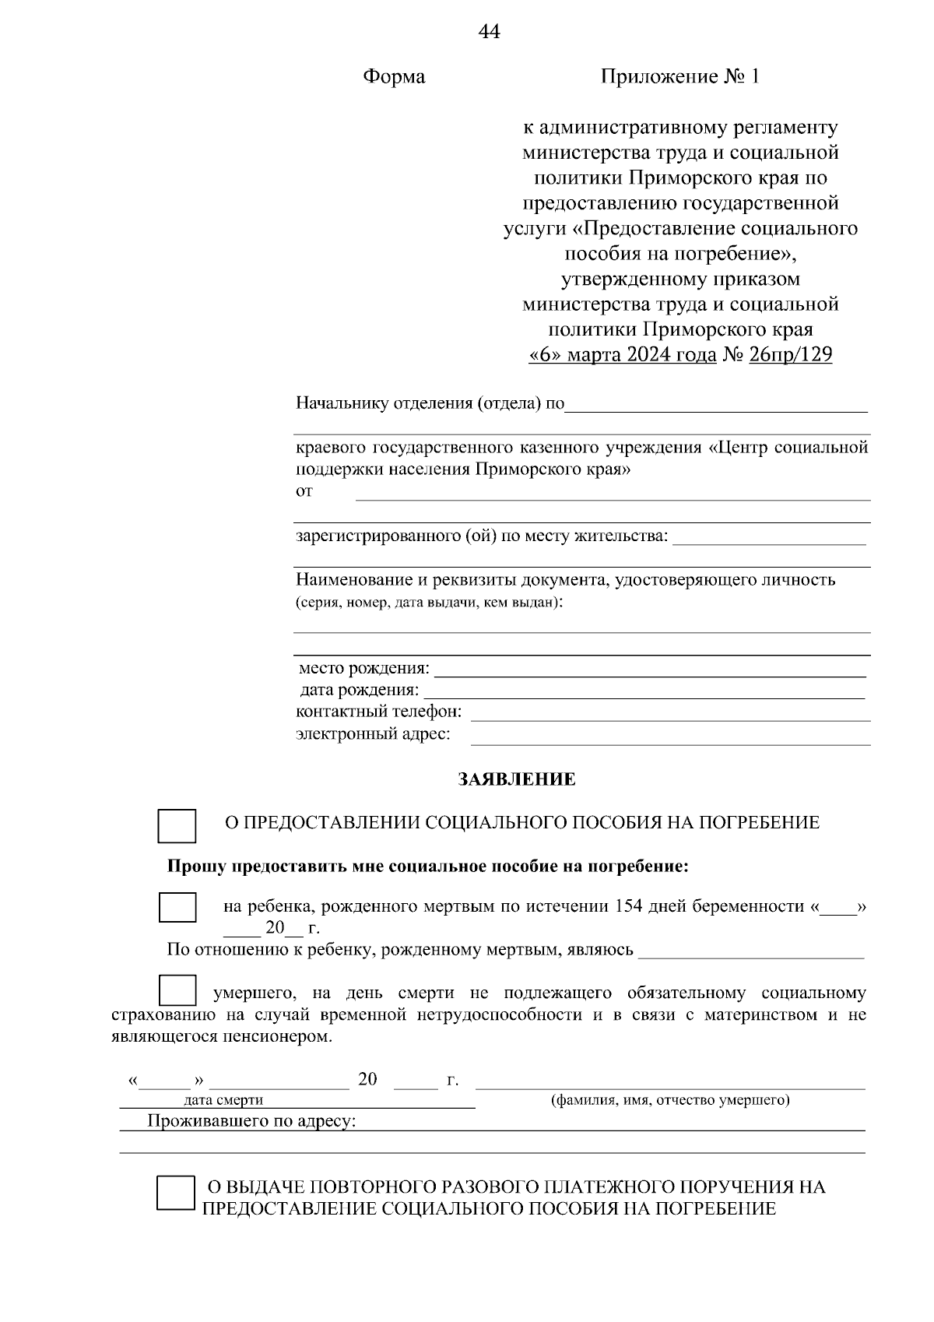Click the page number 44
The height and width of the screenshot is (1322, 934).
click(488, 32)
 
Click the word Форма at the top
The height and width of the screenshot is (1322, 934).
click(394, 76)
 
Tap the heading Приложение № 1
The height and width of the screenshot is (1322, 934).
click(679, 76)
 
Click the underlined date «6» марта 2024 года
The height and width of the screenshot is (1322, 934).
click(622, 355)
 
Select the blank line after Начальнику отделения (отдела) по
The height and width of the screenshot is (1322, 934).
click(716, 405)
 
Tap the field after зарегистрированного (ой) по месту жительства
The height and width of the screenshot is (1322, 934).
click(769, 537)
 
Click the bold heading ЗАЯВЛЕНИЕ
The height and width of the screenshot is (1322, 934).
click(518, 779)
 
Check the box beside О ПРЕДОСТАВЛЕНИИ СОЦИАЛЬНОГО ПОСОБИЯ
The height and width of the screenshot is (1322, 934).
click(177, 825)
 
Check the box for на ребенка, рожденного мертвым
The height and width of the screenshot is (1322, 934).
click(177, 908)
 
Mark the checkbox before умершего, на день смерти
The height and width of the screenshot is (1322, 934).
click(177, 990)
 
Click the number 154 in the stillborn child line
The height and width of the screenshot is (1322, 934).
click(629, 906)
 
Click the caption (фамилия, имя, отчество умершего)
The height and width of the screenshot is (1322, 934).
click(670, 1100)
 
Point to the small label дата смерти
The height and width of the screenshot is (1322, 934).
click(223, 1100)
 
